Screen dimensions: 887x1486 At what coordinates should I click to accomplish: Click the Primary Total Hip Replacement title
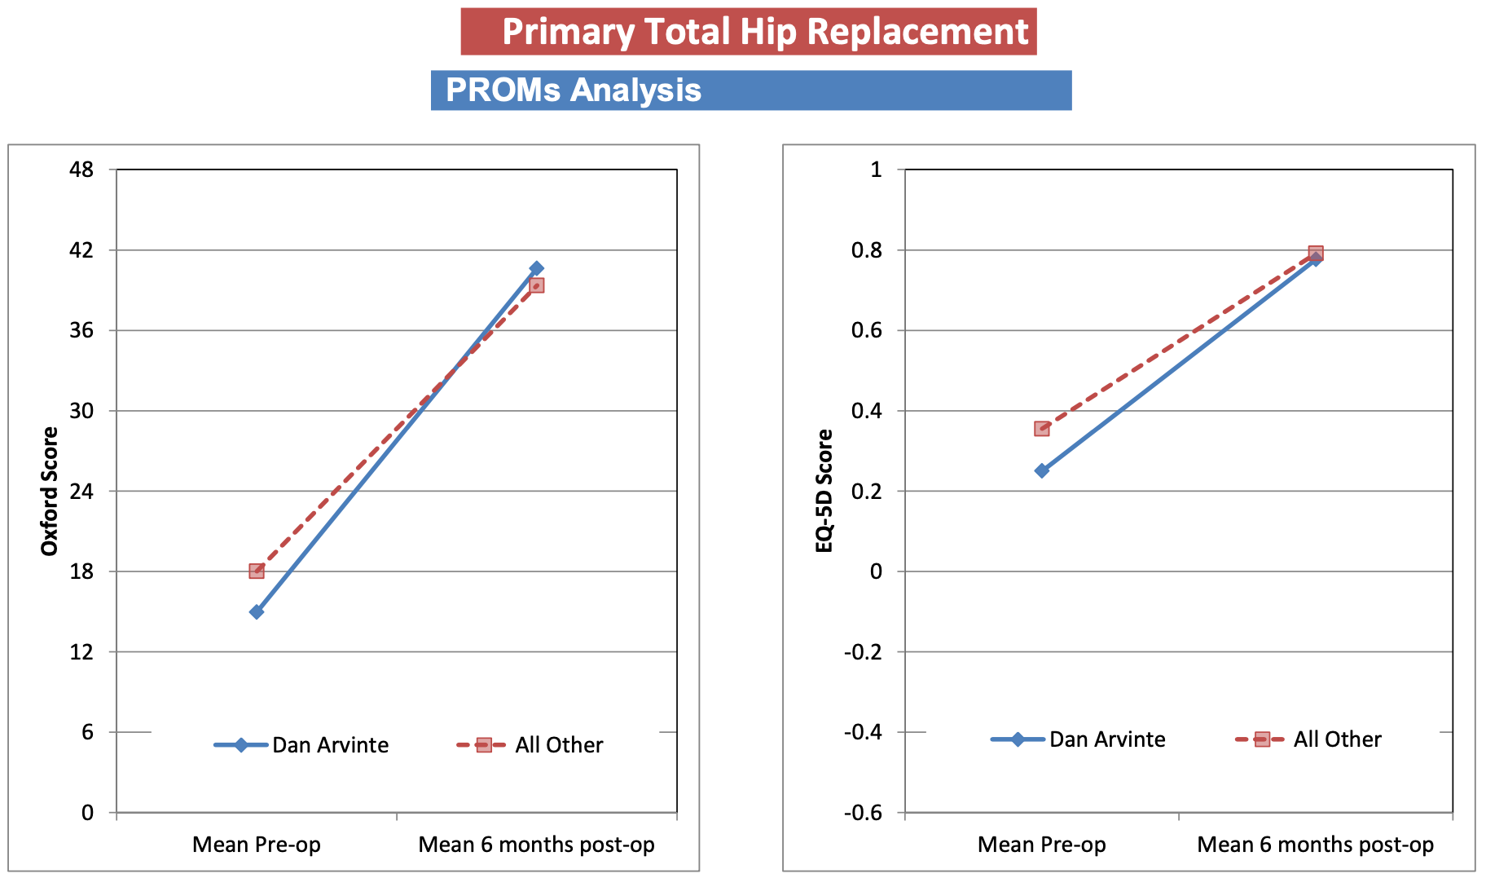coord(748,32)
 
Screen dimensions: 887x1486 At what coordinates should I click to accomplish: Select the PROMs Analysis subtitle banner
coord(750,90)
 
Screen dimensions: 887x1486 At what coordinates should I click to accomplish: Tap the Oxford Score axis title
coord(50,492)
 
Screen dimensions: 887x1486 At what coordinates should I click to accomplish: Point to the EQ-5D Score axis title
coord(824,491)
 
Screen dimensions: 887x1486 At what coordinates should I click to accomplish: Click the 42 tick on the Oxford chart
coord(81,250)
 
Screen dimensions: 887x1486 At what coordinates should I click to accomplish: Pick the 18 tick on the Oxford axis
coord(81,571)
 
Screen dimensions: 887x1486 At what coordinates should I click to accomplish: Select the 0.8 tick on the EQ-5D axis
coord(866,250)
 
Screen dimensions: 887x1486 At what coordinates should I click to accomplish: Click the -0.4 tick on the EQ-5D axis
coord(863,732)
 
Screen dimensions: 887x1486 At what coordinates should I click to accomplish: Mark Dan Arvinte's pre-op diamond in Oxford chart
coord(257,611)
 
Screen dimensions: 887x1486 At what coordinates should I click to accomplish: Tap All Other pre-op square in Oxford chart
coord(257,571)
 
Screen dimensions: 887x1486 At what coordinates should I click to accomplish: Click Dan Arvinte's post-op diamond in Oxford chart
coord(536,268)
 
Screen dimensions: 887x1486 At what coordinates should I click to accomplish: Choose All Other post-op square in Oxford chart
coord(536,285)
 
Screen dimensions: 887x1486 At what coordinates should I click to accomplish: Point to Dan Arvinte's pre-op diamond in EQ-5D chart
coord(1042,470)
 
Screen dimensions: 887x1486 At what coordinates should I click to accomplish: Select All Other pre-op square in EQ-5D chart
coord(1042,428)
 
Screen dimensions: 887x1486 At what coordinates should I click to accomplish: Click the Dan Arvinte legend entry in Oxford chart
coord(302,745)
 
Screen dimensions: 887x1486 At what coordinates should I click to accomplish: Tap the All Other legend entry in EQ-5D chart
coord(1309,739)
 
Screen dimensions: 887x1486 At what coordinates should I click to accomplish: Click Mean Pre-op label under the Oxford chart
coord(257,845)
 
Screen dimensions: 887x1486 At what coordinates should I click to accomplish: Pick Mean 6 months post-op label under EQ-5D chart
coord(1315,845)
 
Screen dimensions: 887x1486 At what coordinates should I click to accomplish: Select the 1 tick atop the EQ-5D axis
coord(876,170)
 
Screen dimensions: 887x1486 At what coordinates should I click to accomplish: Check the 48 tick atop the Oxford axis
coord(81,170)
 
